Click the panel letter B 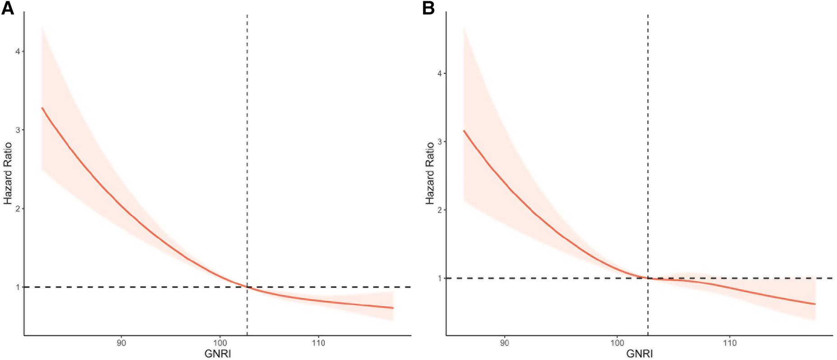pyautogui.click(x=428, y=8)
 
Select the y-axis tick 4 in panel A pyautogui.click(x=18, y=51)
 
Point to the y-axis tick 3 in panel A pyautogui.click(x=18, y=130)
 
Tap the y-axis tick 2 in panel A pyautogui.click(x=18, y=209)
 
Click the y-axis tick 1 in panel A pyautogui.click(x=18, y=287)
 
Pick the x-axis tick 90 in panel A pyautogui.click(x=121, y=343)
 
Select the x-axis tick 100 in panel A pyautogui.click(x=220, y=343)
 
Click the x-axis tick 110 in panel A pyautogui.click(x=318, y=343)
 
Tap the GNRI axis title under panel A pyautogui.click(x=218, y=354)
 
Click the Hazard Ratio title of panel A pyautogui.click(x=8, y=174)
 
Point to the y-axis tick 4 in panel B pyautogui.click(x=439, y=74)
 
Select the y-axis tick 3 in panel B pyautogui.click(x=439, y=142)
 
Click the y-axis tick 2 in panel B pyautogui.click(x=439, y=210)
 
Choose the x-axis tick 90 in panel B pyautogui.click(x=505, y=343)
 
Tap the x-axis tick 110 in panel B pyautogui.click(x=730, y=343)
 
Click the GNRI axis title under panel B pyautogui.click(x=640, y=354)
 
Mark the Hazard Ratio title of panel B pyautogui.click(x=430, y=174)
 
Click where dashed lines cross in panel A pyautogui.click(x=247, y=287)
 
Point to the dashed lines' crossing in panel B pyautogui.click(x=648, y=278)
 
